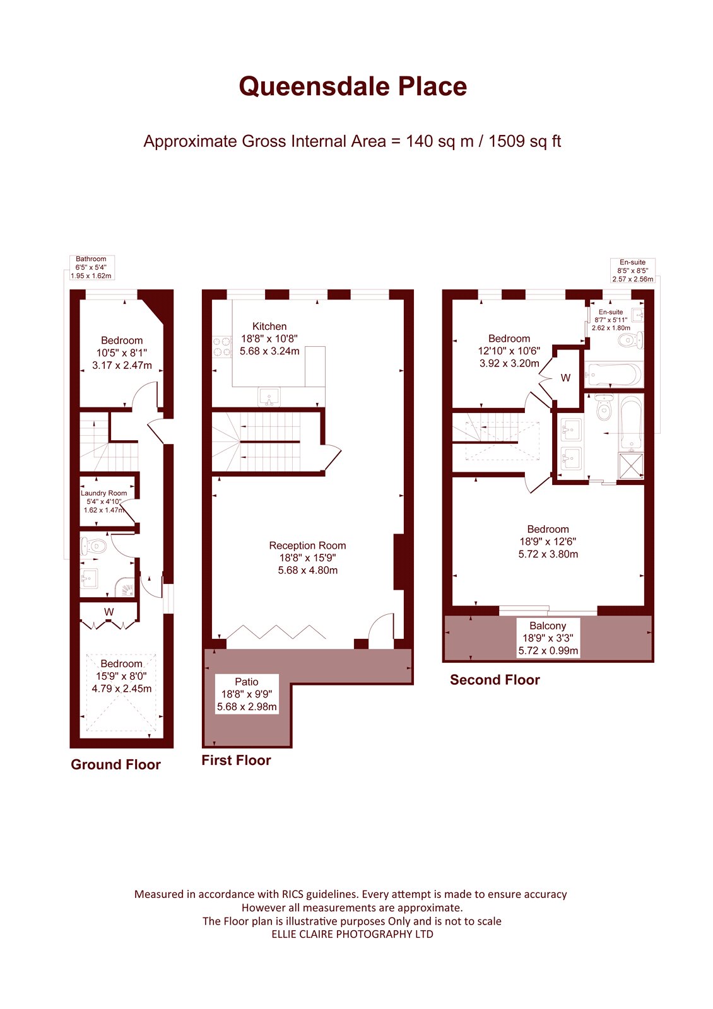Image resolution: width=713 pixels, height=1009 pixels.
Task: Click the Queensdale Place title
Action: pos(353,86)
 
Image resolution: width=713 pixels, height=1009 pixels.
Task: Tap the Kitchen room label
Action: pos(269,326)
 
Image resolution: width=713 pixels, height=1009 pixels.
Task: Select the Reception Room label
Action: pos(307,545)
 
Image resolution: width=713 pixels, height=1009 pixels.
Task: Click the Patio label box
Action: pos(247,694)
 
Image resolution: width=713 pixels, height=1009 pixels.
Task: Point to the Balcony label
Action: pos(548,626)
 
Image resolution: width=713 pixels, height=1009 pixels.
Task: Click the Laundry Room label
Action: pos(103,493)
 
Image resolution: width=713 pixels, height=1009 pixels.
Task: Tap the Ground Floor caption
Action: pos(116,764)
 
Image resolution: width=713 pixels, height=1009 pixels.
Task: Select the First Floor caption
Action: pos(236,761)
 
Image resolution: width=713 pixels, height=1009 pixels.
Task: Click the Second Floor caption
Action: pos(495,680)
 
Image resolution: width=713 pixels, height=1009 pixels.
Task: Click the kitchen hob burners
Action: pos(222,347)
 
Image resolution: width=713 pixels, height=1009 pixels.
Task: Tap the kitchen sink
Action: pos(269,397)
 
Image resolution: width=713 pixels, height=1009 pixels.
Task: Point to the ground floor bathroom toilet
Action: pos(94,546)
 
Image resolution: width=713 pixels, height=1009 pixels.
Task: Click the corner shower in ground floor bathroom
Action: pos(126,587)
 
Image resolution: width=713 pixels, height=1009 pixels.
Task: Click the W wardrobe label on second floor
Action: pos(565,378)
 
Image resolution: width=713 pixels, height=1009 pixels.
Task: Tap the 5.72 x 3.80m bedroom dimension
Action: pos(548,554)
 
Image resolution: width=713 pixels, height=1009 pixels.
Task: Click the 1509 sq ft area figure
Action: pos(524,141)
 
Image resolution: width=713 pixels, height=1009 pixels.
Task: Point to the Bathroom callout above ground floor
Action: pos(91,267)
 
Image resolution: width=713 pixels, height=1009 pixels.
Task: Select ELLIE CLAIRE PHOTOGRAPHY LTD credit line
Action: pos(352,934)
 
